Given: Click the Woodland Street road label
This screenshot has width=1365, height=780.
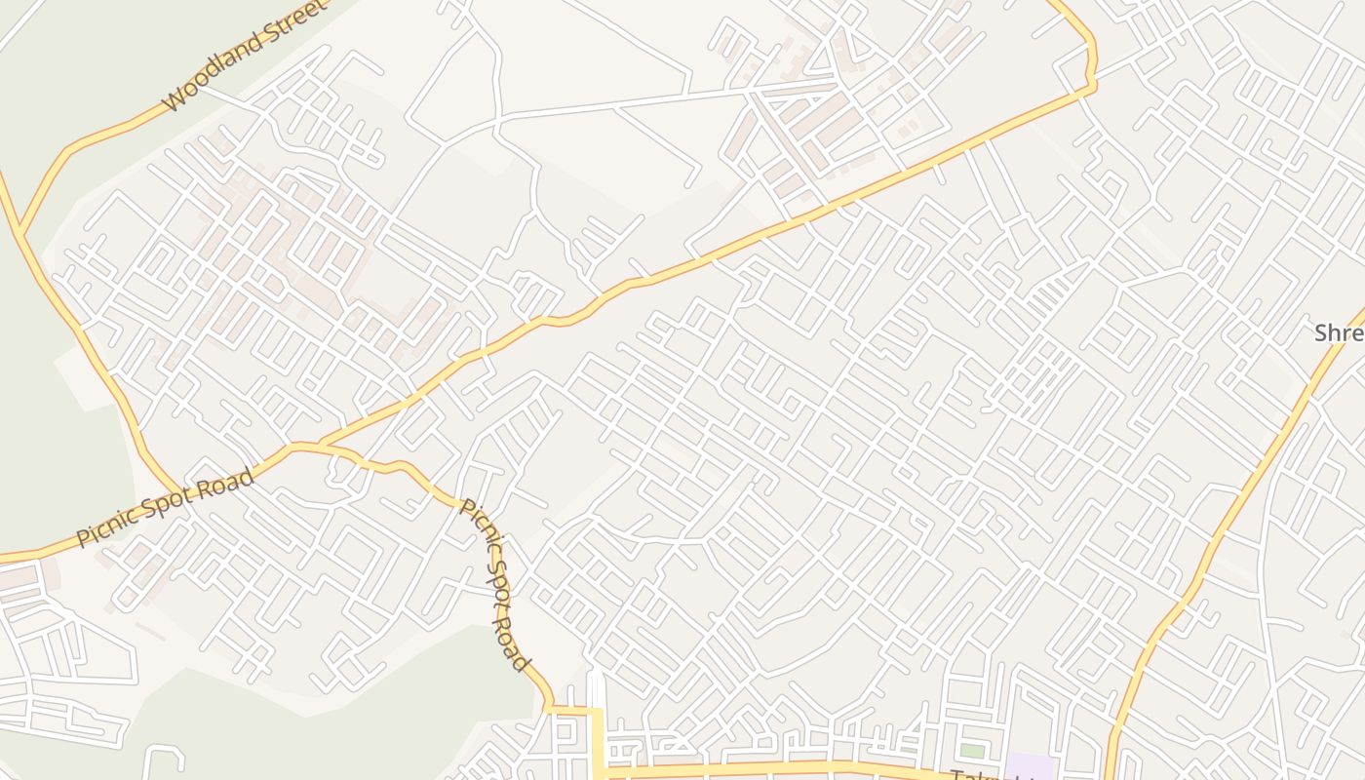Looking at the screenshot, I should tap(244, 58).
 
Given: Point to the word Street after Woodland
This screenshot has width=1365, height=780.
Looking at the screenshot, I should tap(293, 27).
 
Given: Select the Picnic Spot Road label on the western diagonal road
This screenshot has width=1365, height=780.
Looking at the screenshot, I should tap(166, 508).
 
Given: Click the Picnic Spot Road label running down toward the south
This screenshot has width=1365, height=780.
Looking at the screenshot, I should tap(495, 585).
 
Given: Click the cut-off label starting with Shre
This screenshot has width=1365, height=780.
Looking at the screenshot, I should tap(1339, 333).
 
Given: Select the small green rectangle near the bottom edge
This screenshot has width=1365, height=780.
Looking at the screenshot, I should tap(972, 751).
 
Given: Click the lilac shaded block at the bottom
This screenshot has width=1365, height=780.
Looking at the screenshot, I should tap(1031, 766).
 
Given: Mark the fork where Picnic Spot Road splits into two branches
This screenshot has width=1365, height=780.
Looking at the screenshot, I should tap(320, 447).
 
